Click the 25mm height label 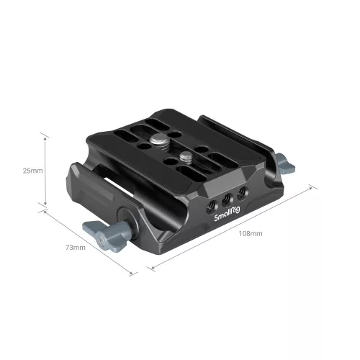(32, 171)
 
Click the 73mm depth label (75, 248)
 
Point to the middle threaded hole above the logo (228, 197)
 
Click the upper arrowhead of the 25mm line (46, 135)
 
